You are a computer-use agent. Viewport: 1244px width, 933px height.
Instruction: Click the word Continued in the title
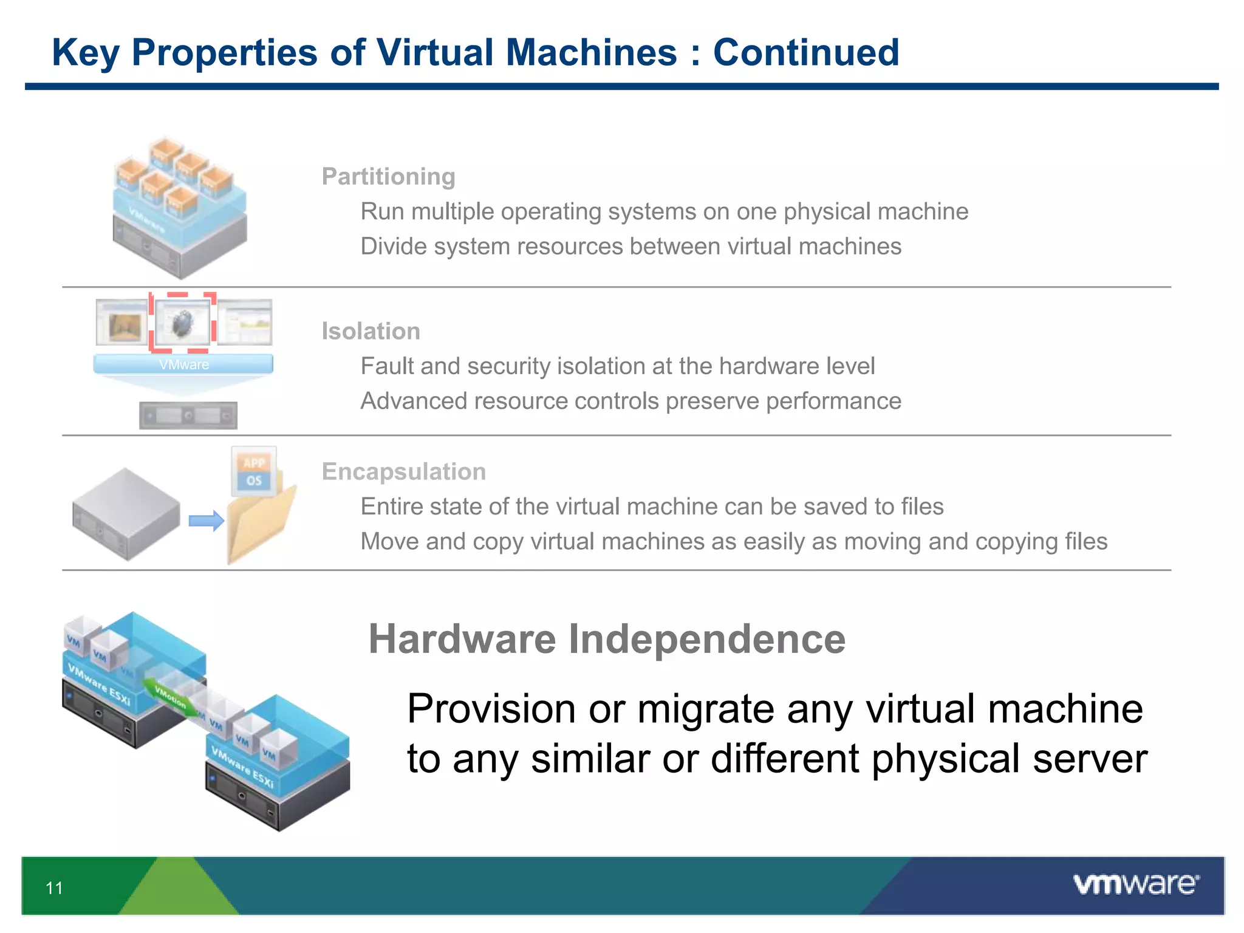click(805, 52)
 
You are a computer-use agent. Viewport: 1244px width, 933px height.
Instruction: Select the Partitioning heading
click(388, 177)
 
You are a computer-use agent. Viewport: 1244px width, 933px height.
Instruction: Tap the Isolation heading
click(371, 332)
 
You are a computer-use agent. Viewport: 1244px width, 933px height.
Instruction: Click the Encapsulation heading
click(403, 472)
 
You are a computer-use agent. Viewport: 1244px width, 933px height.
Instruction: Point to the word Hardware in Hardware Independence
click(462, 640)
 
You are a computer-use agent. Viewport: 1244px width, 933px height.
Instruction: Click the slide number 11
click(54, 888)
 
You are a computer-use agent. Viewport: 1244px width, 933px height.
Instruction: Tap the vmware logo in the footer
click(1136, 884)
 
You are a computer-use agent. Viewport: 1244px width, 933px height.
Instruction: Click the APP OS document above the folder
click(254, 471)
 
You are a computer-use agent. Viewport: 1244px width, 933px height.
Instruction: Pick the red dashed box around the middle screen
click(183, 323)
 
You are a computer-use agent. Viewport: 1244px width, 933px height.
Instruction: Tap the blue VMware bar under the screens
click(183, 364)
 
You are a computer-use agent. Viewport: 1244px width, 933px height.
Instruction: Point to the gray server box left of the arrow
click(126, 514)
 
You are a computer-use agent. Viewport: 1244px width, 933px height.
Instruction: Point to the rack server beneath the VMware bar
click(188, 416)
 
